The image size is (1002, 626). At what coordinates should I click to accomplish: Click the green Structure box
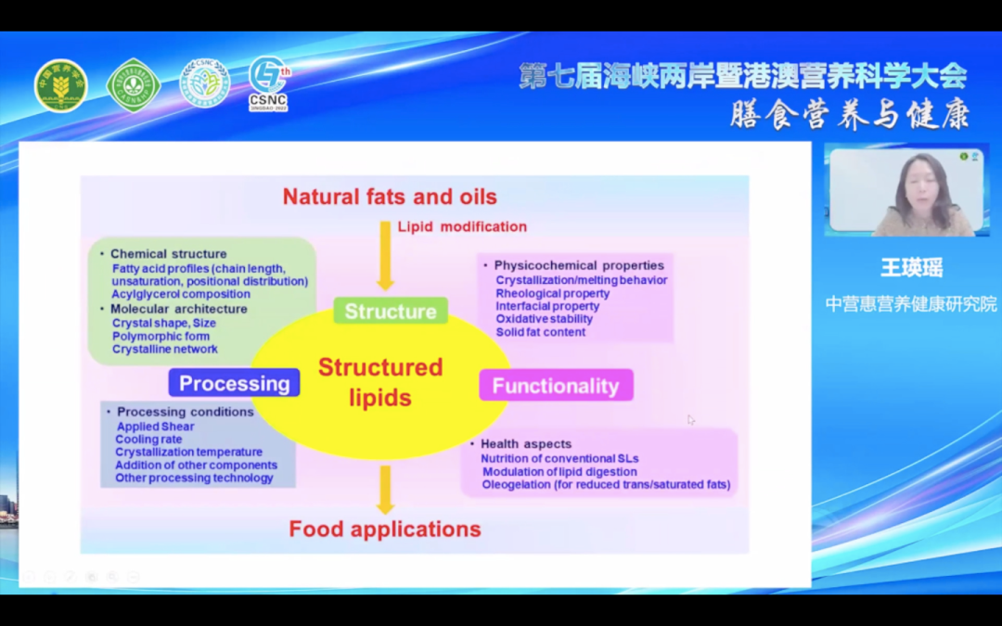pos(391,312)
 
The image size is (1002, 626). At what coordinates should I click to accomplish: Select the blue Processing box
pos(234,383)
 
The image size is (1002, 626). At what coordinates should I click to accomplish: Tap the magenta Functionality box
pos(556,386)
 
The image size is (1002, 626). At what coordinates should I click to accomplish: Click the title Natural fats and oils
pos(390,197)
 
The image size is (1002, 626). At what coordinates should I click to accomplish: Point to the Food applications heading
pos(385,529)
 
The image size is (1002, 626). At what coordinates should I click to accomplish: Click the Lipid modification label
pos(462,226)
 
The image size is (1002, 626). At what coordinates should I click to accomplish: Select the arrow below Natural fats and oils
pos(385,256)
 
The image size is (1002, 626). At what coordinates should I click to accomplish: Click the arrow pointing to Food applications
pos(385,490)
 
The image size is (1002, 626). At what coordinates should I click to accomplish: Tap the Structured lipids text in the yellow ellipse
pos(380,382)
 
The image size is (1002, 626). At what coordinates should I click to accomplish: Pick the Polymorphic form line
pos(161,336)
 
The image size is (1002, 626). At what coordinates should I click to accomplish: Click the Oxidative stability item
pos(544,319)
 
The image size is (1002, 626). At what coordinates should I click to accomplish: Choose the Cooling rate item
pos(148,439)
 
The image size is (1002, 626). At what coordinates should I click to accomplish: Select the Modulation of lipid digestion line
pos(559,471)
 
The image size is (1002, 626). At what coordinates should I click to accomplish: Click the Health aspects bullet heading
pos(525,444)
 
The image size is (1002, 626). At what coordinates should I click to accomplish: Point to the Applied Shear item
pos(155,427)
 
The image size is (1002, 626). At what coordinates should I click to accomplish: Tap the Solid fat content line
pos(540,332)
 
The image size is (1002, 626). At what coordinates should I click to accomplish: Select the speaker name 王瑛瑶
pos(911,269)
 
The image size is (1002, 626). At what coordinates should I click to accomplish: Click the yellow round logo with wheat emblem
pos(61,86)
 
